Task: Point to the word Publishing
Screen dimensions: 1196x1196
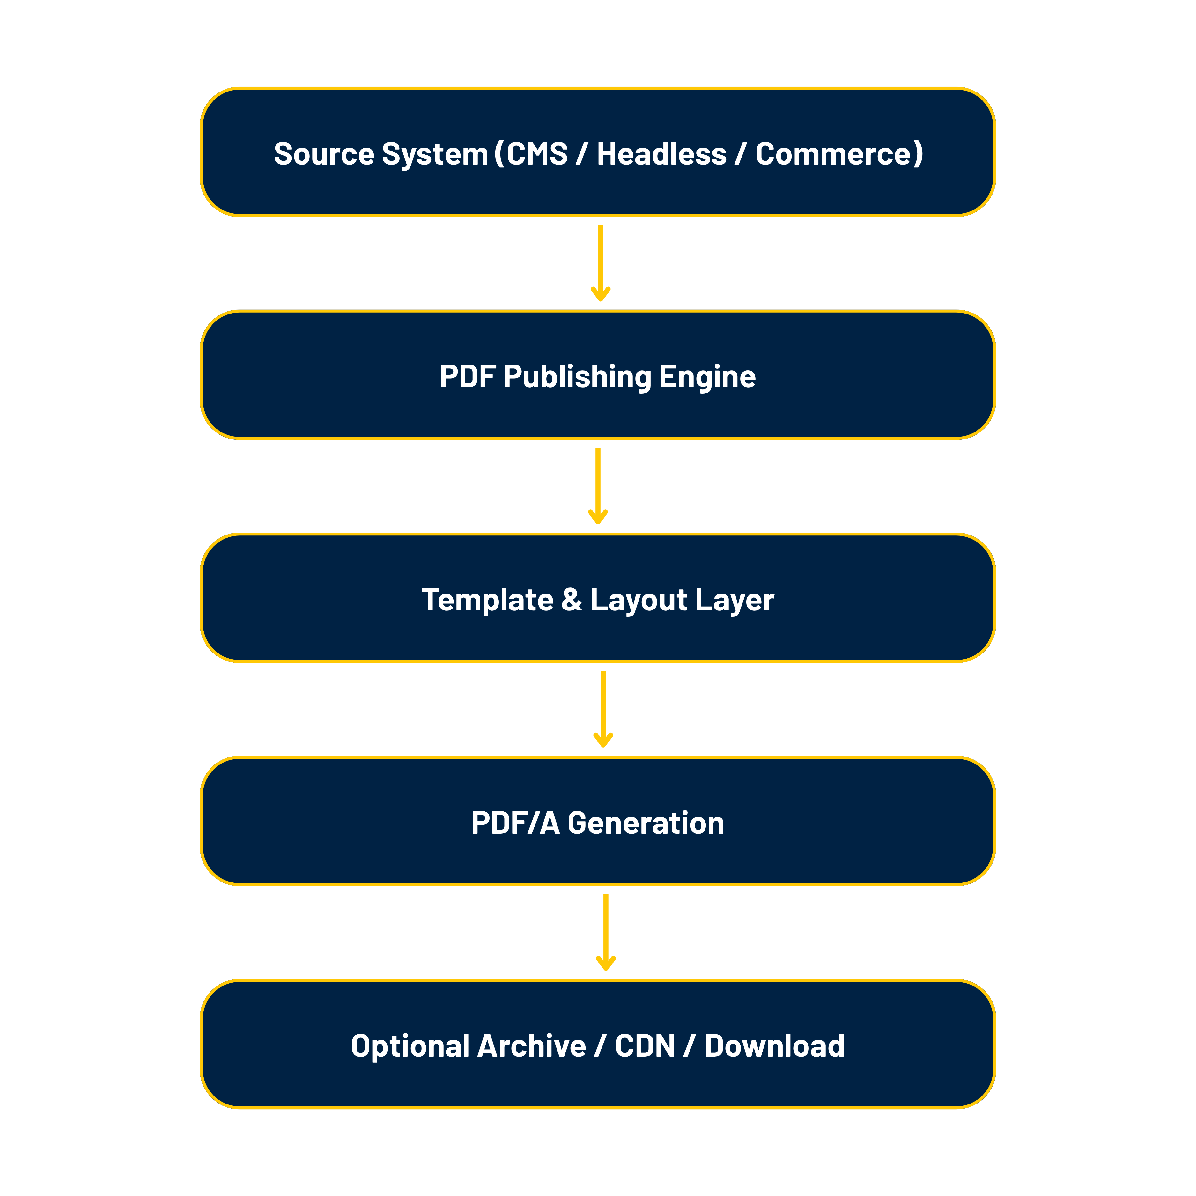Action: coord(577,377)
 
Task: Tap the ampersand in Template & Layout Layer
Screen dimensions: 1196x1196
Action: coord(572,600)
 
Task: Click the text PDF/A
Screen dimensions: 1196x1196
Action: coord(515,823)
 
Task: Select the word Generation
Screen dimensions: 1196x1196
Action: coord(646,823)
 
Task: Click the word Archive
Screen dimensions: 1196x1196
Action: coord(531,1046)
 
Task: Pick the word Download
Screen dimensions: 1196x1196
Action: coord(774,1046)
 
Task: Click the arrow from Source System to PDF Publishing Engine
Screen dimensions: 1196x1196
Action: coord(601,263)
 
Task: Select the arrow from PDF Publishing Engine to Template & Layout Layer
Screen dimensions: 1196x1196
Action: coord(598,486)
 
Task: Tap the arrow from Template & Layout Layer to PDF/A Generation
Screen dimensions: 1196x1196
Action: coord(603,709)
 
